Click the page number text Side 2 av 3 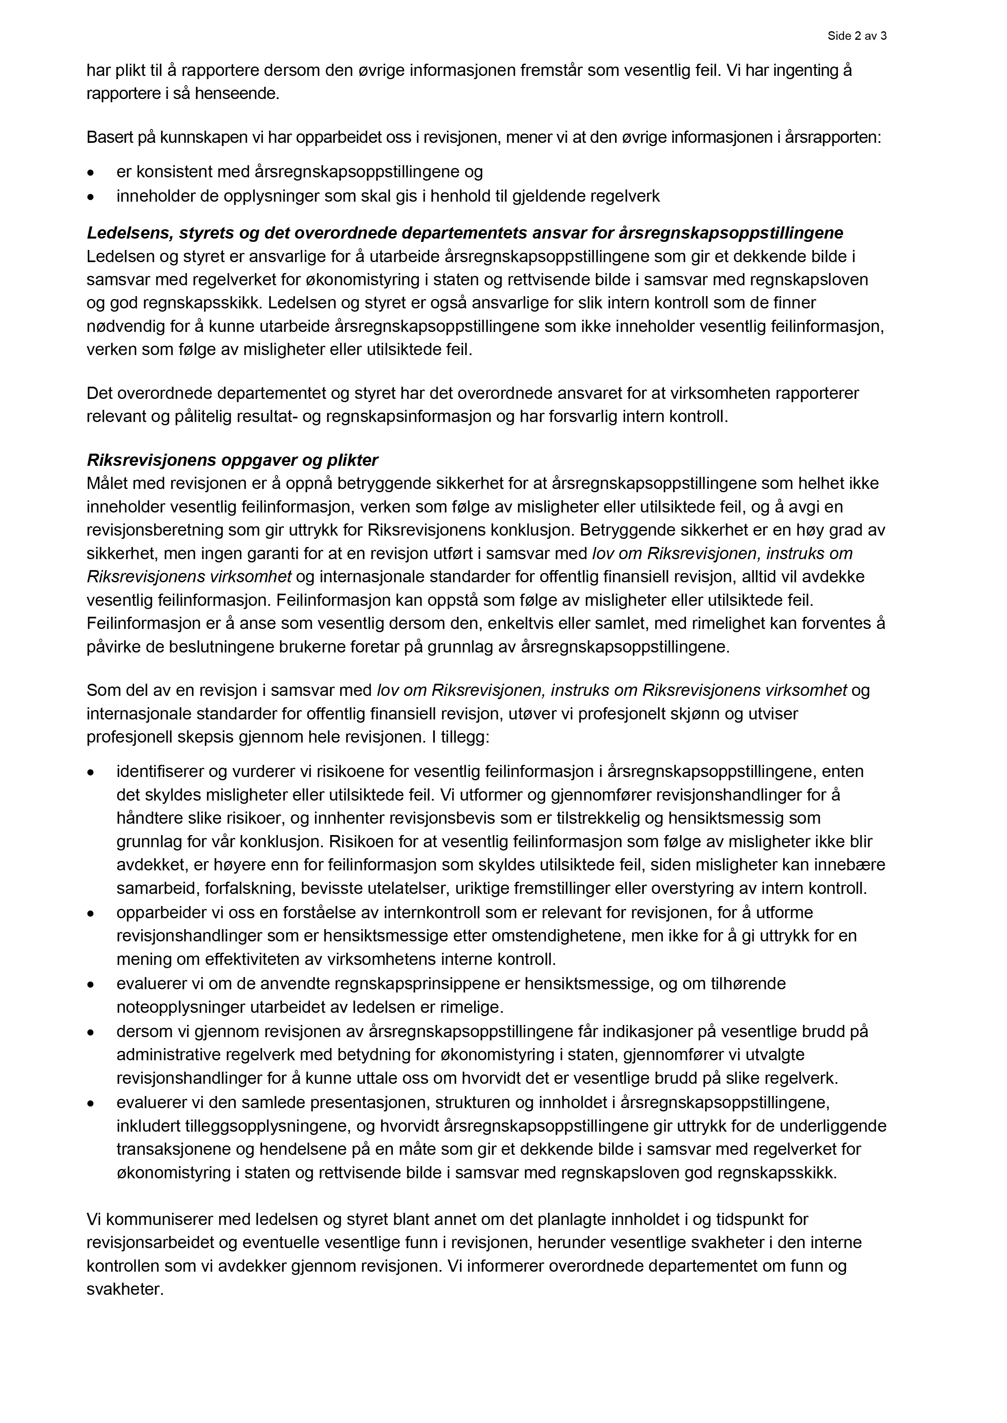856,36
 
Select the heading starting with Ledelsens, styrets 465,233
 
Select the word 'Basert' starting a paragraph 106,137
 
